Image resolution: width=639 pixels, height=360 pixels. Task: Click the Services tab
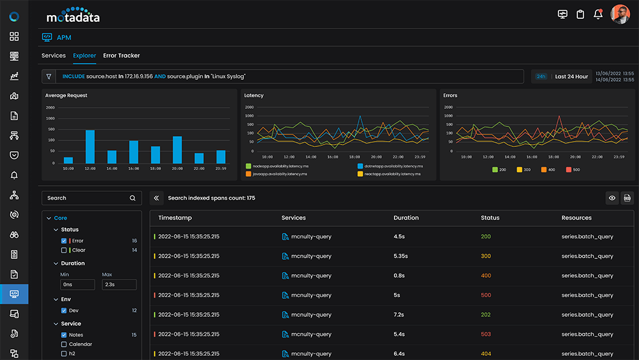tap(53, 56)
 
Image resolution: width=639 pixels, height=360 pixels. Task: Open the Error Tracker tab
tap(121, 56)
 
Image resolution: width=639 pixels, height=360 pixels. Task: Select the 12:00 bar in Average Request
tap(90, 146)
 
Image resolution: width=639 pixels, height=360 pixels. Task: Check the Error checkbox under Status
tap(64, 241)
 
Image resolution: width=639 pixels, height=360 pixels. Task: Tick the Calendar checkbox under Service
tap(64, 344)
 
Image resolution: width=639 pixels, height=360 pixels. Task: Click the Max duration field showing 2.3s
tap(119, 284)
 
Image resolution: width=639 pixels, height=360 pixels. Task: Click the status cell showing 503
tap(486, 335)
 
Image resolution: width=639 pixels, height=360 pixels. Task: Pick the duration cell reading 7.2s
tap(400, 315)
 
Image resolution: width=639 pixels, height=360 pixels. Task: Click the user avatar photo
tap(620, 14)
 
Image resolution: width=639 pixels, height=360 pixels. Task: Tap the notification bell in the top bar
tap(598, 14)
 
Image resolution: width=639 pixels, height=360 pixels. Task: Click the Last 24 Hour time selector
tap(571, 77)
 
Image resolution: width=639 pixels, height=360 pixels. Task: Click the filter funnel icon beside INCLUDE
tap(49, 77)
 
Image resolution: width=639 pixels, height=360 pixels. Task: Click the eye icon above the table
tap(612, 198)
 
